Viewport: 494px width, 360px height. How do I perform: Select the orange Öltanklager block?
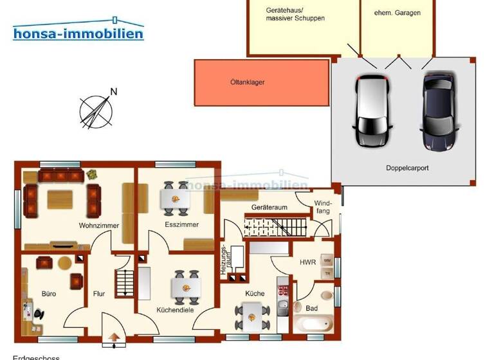(262, 82)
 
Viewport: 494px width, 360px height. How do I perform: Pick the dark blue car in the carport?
(439, 110)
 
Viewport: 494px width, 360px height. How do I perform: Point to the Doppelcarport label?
(407, 168)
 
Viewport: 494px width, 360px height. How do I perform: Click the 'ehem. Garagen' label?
(399, 12)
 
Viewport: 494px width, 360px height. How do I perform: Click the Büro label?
(49, 294)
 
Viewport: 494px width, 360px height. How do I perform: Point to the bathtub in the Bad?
(312, 325)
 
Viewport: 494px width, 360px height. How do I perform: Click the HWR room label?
(307, 262)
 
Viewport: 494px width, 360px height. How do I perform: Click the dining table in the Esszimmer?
(175, 198)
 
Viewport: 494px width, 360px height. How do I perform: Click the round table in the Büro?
(64, 263)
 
